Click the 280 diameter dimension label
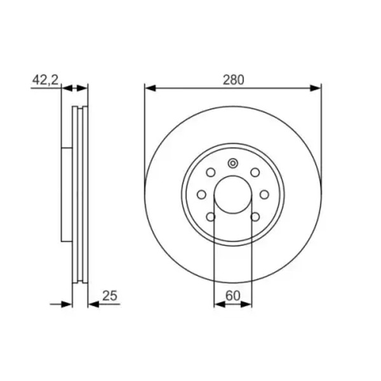point(233,80)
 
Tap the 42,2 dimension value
point(46,80)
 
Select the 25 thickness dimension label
point(110,295)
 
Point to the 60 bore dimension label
point(233,295)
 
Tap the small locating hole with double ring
point(233,163)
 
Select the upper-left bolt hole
point(211,173)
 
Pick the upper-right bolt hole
point(255,173)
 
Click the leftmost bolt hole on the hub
point(201,195)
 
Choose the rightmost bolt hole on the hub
point(264,195)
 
